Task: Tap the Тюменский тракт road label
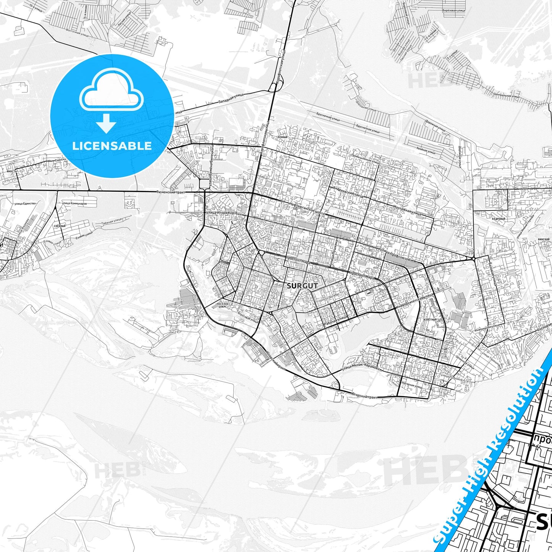click(x=171, y=192)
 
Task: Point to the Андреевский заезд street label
click(x=349, y=193)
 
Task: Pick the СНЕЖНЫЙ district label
click(x=60, y=226)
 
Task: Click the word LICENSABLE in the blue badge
click(x=112, y=146)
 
